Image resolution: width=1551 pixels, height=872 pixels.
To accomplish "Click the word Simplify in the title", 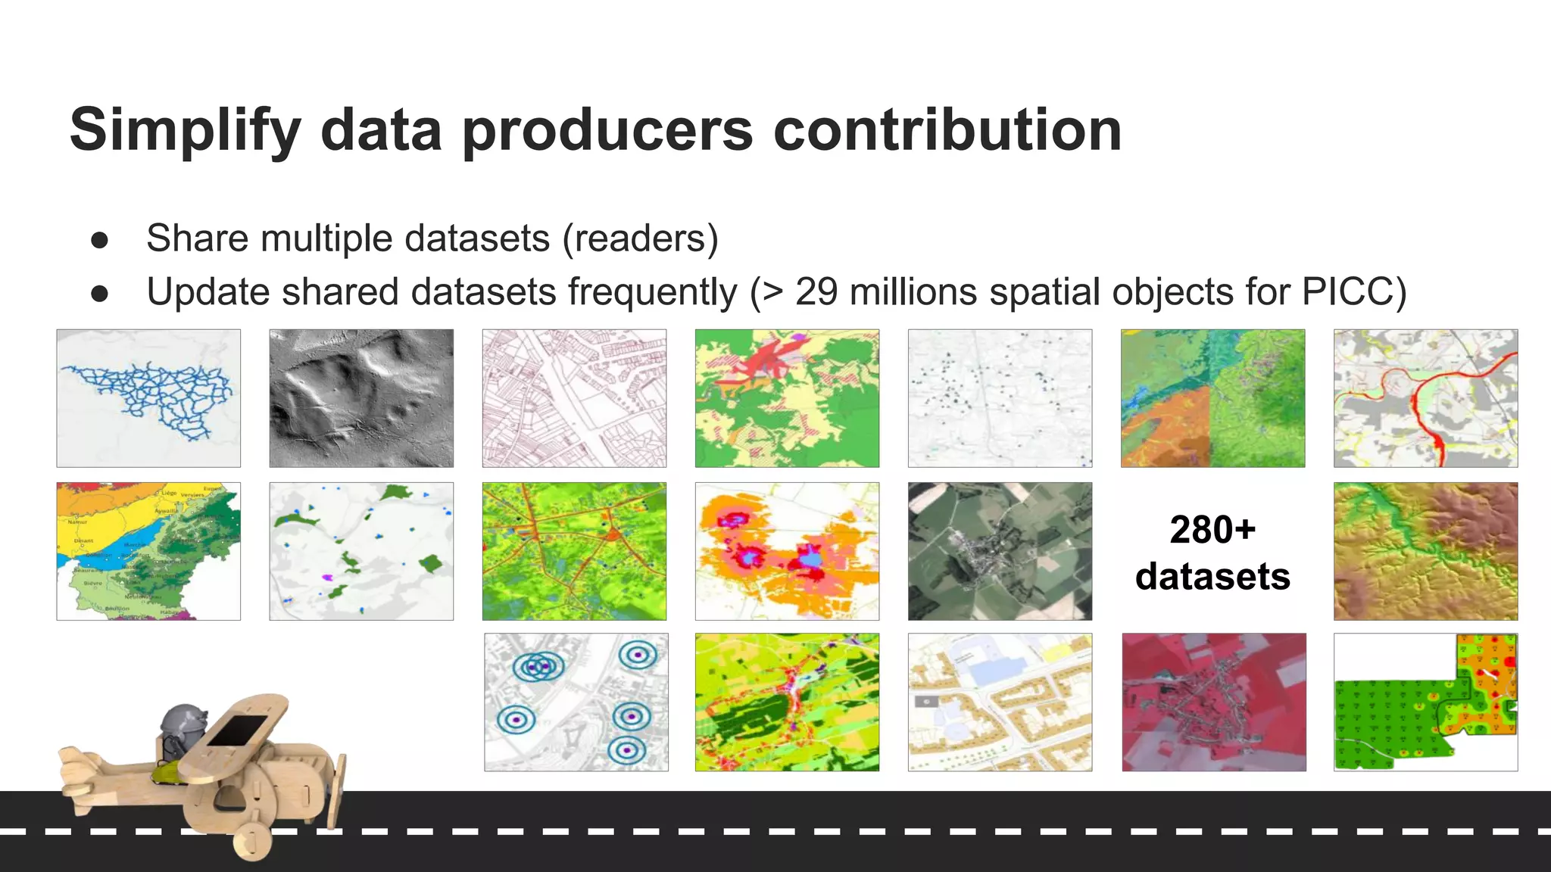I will [185, 131].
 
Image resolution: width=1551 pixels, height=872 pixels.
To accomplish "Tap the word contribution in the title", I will [947, 130].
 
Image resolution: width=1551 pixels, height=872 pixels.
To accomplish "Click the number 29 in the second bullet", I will [816, 292].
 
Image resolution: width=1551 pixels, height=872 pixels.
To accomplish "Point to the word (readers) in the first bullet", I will [640, 238].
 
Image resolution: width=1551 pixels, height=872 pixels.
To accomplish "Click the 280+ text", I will [1212, 529].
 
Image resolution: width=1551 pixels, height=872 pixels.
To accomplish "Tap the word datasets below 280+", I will [1212, 577].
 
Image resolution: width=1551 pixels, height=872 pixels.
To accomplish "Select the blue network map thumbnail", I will [148, 398].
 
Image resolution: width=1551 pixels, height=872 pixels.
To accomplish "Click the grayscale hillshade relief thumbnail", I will [361, 398].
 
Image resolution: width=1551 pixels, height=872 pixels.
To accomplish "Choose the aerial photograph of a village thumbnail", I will [1000, 551].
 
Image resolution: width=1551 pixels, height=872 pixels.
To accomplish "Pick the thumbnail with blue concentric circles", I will [576, 702].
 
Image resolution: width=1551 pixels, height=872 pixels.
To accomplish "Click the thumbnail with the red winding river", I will [1425, 398].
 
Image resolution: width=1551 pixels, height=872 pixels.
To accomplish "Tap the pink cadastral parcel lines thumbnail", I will [574, 398].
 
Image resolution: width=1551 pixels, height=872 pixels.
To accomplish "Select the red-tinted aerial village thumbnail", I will [1214, 702].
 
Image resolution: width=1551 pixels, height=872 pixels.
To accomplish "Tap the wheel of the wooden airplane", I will [253, 840].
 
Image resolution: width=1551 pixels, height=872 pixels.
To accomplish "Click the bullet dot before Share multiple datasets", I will [99, 240].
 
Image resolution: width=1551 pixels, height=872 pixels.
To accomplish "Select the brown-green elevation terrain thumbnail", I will [1425, 551].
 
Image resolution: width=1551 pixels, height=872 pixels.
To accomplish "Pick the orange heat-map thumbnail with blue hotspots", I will [787, 551].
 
